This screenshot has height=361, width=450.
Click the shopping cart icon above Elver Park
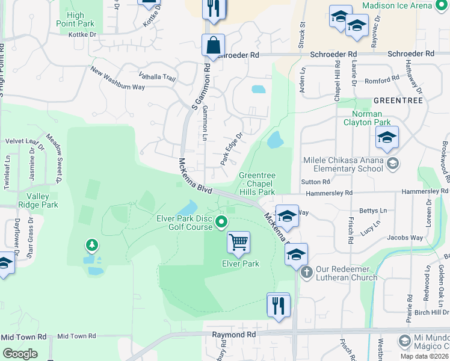239,242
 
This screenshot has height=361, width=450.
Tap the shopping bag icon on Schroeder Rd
213,45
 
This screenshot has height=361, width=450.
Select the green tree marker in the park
91,245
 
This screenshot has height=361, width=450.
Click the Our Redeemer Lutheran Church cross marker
307,272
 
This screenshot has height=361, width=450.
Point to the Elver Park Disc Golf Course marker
221,222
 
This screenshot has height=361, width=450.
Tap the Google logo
20,354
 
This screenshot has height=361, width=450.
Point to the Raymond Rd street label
233,334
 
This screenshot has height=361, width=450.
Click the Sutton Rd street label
318,181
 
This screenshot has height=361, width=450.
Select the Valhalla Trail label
157,77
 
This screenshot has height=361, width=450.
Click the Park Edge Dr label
230,149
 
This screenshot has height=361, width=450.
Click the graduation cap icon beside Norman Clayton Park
387,138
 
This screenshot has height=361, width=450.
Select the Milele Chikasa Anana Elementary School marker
392,163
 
